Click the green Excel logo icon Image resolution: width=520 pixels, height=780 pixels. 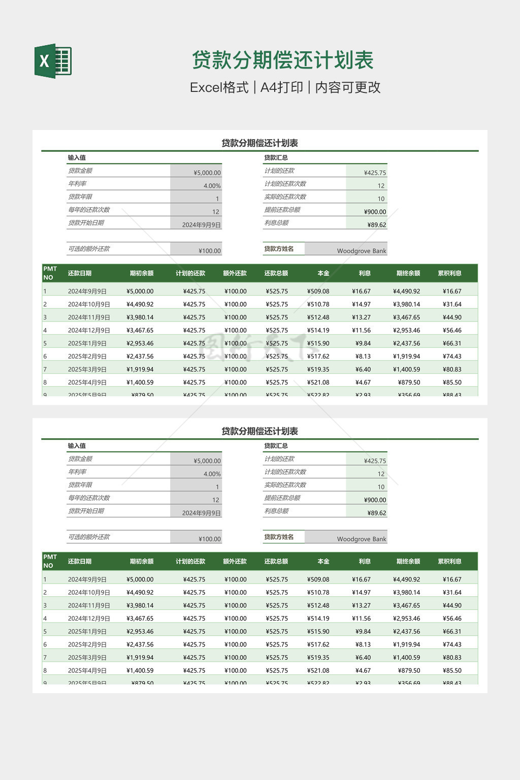pyautogui.click(x=53, y=61)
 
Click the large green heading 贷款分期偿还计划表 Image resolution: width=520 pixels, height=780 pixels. pyautogui.click(x=283, y=60)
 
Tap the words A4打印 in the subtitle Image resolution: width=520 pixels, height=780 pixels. pyautogui.click(x=281, y=87)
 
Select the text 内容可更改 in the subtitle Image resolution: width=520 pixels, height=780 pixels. pyautogui.click(x=348, y=87)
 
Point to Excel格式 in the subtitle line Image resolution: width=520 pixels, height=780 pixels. pyautogui.click(x=219, y=87)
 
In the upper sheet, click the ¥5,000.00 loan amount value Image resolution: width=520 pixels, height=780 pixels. pyautogui.click(x=207, y=173)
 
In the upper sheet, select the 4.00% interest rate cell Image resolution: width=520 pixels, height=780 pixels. pyautogui.click(x=212, y=186)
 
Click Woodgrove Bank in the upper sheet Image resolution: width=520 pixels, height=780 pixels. pyautogui.click(x=362, y=251)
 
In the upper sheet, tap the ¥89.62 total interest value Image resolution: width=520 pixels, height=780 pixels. pyautogui.click(x=377, y=225)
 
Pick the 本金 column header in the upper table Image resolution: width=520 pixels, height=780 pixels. pyautogui.click(x=323, y=273)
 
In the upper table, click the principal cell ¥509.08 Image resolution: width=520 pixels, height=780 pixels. pyautogui.click(x=318, y=291)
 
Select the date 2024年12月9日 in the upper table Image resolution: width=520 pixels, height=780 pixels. pyautogui.click(x=89, y=331)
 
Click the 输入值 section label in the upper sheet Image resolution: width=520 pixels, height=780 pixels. pyautogui.click(x=77, y=158)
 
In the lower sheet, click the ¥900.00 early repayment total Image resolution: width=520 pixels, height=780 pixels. pyautogui.click(x=375, y=500)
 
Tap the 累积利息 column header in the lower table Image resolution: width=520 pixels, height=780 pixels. pyautogui.click(x=449, y=562)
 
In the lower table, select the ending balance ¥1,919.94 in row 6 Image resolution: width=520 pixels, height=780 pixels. pyautogui.click(x=406, y=644)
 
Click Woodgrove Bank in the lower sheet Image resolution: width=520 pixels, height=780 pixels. pyautogui.click(x=362, y=539)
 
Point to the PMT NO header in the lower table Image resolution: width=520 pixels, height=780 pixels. pyautogui.click(x=50, y=561)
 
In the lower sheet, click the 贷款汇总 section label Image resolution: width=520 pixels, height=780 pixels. pyautogui.click(x=276, y=446)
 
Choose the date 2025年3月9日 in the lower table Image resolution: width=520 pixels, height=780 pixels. pyautogui.click(x=87, y=658)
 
